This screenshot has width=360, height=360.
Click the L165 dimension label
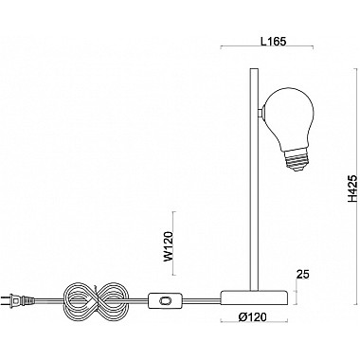coord(273,42)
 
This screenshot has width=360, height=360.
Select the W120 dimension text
coord(169,246)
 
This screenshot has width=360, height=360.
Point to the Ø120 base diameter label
coord(252,316)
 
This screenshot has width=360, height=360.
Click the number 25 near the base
coord(303,275)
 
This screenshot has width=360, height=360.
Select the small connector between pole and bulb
coord(260,113)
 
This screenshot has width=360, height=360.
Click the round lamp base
coord(254,298)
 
